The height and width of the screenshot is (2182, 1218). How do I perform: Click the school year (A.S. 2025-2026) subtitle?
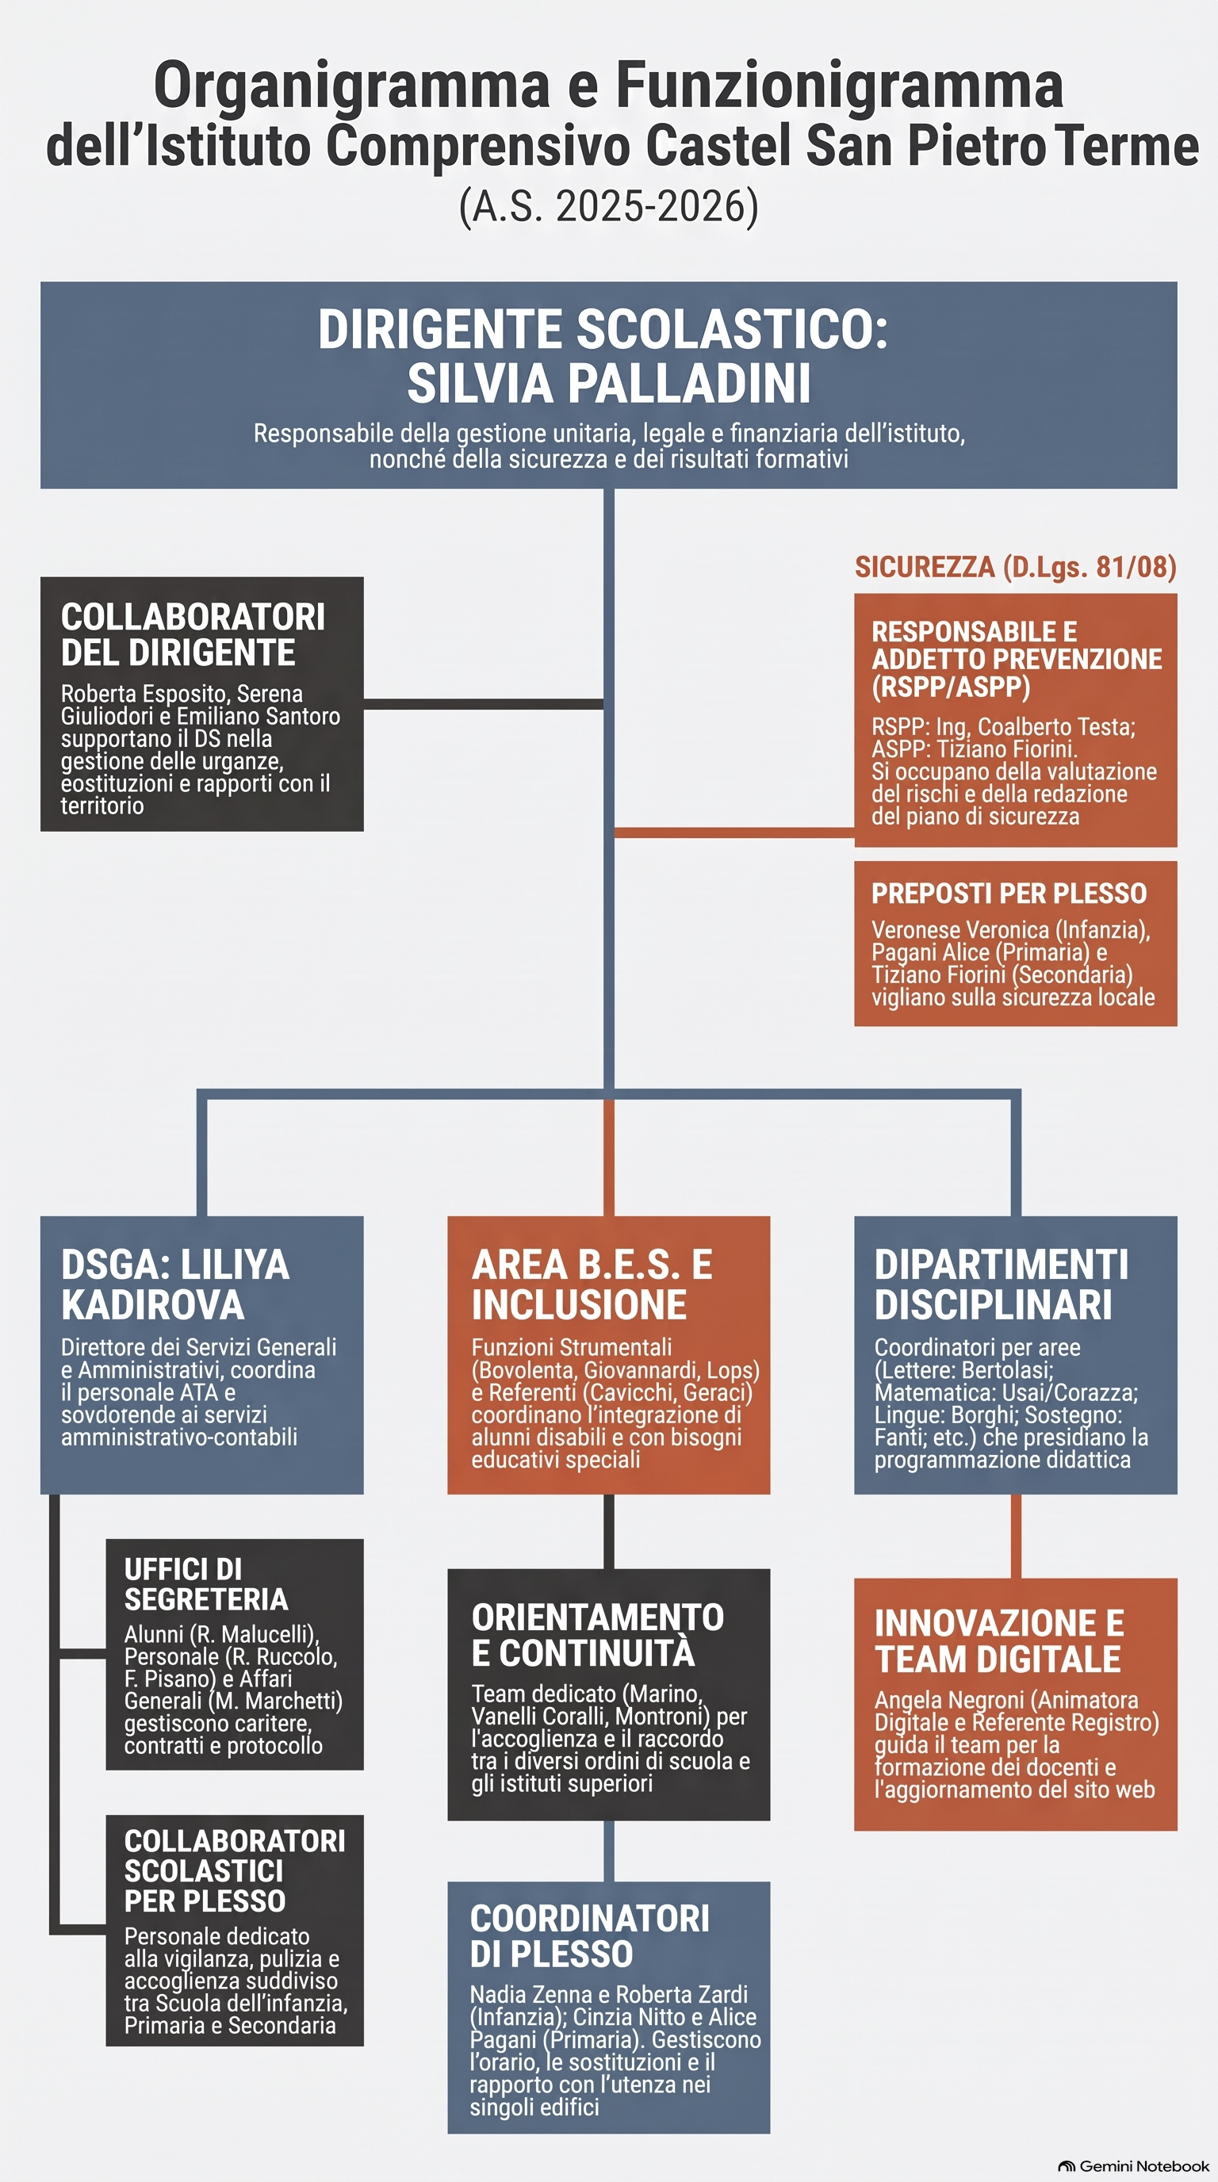click(608, 207)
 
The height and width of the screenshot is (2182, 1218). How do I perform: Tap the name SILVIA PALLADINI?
click(608, 383)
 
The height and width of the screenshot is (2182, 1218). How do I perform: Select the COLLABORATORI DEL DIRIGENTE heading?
click(193, 634)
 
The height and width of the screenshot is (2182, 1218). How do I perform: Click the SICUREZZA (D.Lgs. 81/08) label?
click(1016, 567)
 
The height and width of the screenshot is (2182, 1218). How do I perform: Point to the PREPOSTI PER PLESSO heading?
click(1009, 893)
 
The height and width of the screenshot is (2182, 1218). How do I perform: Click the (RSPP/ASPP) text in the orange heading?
click(952, 686)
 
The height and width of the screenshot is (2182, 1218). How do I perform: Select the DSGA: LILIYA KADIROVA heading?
click(174, 1284)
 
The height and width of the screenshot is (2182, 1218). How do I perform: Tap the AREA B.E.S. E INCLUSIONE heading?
click(592, 1284)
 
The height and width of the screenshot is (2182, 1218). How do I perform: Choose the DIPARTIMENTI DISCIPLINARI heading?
click(1002, 1284)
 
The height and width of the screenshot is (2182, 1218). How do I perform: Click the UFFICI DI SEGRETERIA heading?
click(206, 1584)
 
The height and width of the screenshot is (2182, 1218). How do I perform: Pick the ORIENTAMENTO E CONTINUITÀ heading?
click(597, 1636)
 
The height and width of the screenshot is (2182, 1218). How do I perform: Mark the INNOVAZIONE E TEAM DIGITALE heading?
click(999, 1641)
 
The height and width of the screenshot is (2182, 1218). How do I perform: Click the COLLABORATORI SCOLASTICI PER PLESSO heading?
click(235, 1870)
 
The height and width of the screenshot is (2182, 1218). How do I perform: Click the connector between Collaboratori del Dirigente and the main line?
click(484, 704)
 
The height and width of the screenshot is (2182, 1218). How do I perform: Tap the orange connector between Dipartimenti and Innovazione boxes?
click(1016, 1536)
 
